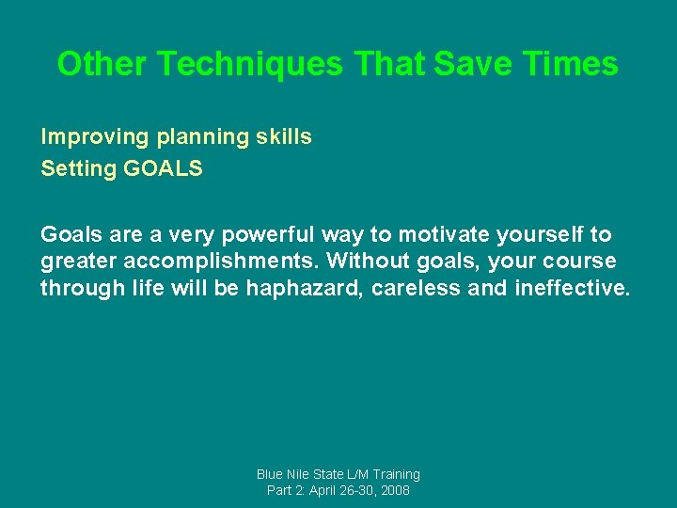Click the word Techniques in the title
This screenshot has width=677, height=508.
[x=251, y=64]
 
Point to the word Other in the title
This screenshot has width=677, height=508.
[x=102, y=64]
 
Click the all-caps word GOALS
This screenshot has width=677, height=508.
[x=163, y=170]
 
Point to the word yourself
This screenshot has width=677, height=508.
[x=536, y=235]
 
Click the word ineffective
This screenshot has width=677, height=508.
[x=572, y=288]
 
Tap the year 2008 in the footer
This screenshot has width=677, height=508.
[x=394, y=491]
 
